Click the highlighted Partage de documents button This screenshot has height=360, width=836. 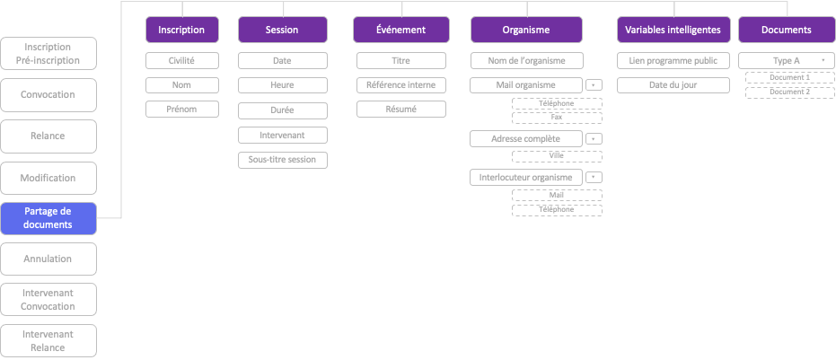coord(48,218)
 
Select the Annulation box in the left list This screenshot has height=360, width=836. coord(48,259)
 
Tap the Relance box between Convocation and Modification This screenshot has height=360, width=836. coord(48,136)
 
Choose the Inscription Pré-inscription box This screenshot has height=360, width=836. coord(48,53)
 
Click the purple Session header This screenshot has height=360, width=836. coord(283,30)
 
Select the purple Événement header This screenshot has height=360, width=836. coord(400,30)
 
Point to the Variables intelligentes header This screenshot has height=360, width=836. coord(673,30)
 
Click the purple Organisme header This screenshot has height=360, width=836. coord(526,30)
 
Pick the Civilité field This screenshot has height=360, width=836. coord(182,61)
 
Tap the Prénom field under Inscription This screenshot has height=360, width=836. coord(182,109)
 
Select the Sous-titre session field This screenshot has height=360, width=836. coord(283,160)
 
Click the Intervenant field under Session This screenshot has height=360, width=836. coord(283,135)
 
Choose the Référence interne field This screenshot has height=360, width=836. coord(400,84)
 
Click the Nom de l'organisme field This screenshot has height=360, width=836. coord(527,61)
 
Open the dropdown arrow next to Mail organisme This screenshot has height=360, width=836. coord(594,85)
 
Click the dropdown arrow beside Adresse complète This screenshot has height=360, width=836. coord(594,138)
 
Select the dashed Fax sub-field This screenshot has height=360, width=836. coord(557,118)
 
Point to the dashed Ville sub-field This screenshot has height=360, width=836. coord(557,156)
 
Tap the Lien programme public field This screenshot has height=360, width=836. coord(673,61)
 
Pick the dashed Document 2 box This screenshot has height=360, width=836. coord(789,92)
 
